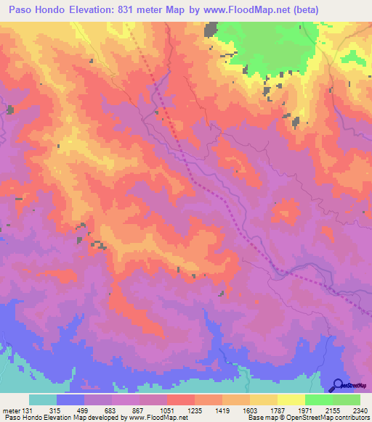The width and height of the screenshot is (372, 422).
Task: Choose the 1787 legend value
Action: [x=276, y=410]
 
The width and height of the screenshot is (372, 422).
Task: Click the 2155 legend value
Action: [x=331, y=410]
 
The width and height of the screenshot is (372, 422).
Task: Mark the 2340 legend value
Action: [x=358, y=410]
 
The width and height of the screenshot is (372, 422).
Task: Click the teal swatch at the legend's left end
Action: [x=42, y=400]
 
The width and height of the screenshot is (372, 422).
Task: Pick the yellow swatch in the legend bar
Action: [x=291, y=400]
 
